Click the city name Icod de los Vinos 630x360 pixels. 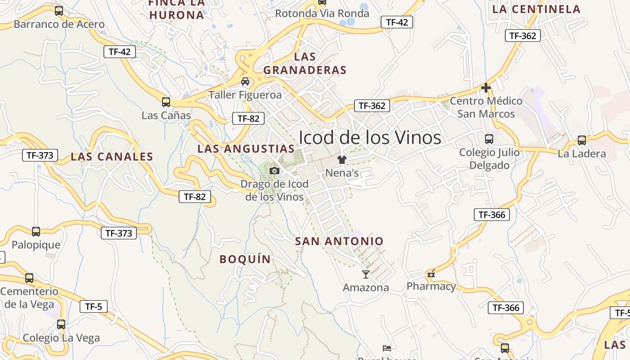point(370,137)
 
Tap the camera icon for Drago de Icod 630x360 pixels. point(274,171)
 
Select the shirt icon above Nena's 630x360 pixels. point(342,160)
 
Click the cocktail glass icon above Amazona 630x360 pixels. point(365,274)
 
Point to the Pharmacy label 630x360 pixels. point(431,286)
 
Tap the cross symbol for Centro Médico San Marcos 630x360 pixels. point(486,87)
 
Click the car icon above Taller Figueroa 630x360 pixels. point(245,81)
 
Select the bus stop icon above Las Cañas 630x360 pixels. point(166,102)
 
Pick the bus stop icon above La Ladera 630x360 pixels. point(582,140)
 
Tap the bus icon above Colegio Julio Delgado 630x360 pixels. point(489,139)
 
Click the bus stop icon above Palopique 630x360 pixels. point(36,232)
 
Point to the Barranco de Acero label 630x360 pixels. point(59,24)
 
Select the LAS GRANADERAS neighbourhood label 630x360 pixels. point(305,63)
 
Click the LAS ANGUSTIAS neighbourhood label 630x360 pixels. point(246,148)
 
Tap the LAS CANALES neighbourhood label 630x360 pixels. point(112,157)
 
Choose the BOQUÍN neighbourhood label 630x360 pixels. point(245,259)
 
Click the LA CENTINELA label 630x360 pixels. point(536,9)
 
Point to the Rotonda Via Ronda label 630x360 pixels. point(322,13)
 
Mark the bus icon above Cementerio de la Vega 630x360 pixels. point(29,278)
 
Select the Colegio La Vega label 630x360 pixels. point(61,338)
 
